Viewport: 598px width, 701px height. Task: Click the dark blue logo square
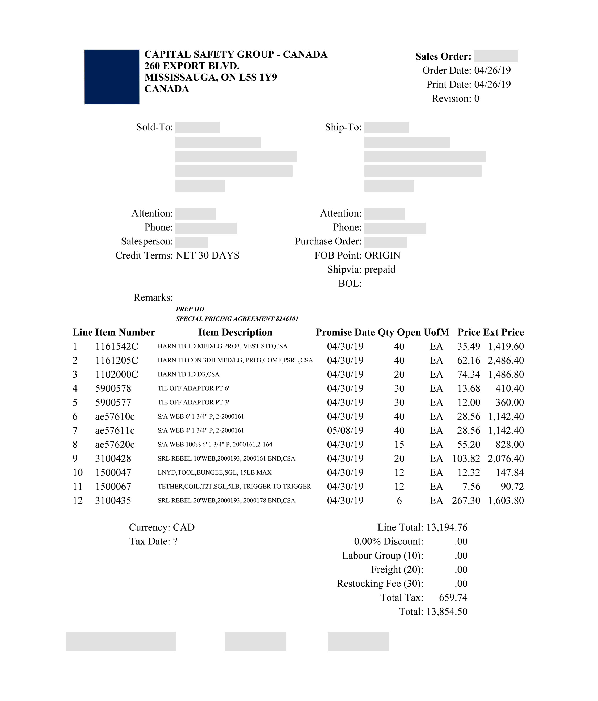click(x=112, y=77)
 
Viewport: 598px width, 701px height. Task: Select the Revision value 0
click(x=477, y=98)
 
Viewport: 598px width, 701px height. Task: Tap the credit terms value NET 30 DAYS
click(x=208, y=255)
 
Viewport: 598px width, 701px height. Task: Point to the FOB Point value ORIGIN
click(x=382, y=255)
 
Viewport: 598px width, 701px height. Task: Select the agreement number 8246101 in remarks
click(x=287, y=319)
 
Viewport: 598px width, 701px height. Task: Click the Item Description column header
click(x=235, y=332)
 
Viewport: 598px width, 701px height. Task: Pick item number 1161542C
click(x=116, y=347)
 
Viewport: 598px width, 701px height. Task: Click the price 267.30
click(x=466, y=500)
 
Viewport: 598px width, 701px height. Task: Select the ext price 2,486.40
click(x=506, y=360)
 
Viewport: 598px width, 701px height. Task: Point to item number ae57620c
click(x=115, y=444)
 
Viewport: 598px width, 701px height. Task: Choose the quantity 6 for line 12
click(x=399, y=500)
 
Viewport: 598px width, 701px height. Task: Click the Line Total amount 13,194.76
click(x=447, y=527)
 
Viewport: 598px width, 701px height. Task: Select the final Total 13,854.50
click(x=447, y=611)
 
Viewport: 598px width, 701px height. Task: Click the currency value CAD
click(x=184, y=527)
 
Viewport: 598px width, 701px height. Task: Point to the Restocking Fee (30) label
click(x=380, y=584)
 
